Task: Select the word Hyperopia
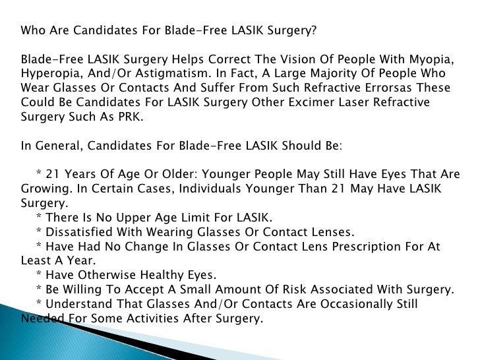[48, 73]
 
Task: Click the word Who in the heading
[33, 30]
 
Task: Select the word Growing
[44, 189]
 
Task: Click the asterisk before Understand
[39, 304]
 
